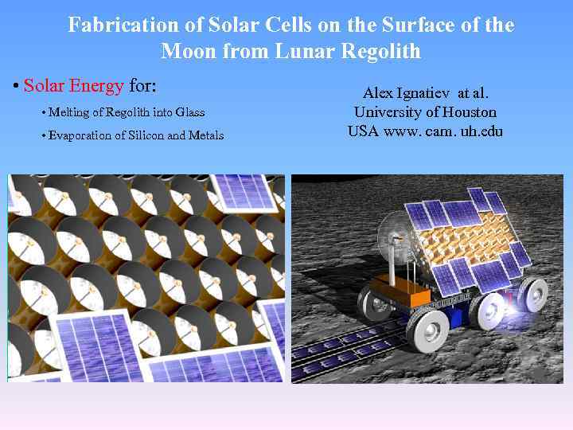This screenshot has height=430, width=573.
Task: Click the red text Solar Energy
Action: [73, 85]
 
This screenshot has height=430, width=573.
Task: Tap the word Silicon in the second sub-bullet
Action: [136, 135]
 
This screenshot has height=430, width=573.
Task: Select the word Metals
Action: [206, 135]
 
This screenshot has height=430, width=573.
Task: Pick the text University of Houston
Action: [425, 112]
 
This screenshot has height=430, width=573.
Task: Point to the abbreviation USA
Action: [363, 131]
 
